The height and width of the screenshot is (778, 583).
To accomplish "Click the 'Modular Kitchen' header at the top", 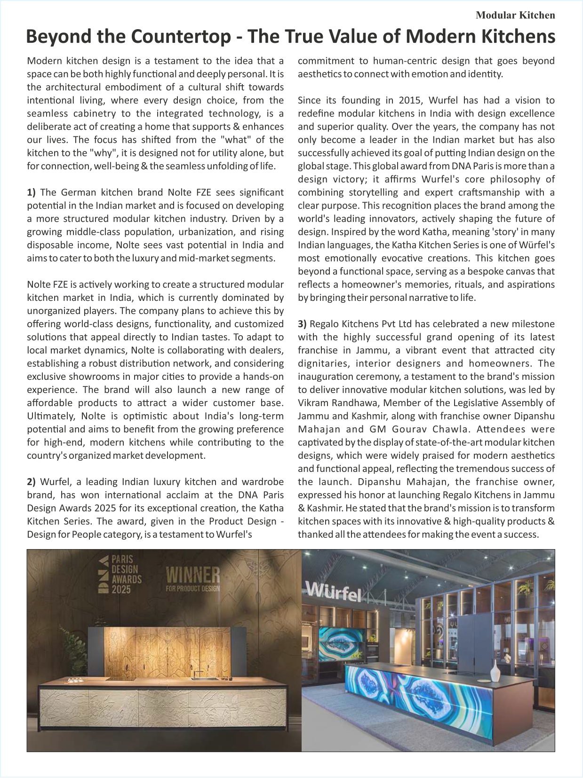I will pos(515,15).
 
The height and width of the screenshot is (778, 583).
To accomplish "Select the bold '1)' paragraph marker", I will pos(31,192).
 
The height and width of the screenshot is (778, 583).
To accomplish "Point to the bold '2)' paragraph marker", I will pos(31,482).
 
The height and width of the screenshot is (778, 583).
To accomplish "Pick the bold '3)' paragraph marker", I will pos(302,324).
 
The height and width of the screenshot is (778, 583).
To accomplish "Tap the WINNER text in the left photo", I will pos(193,575).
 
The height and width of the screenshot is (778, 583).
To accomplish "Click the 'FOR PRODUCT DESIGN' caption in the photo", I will pos(193,588).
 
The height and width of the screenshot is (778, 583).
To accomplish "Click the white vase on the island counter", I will pos(495,671).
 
